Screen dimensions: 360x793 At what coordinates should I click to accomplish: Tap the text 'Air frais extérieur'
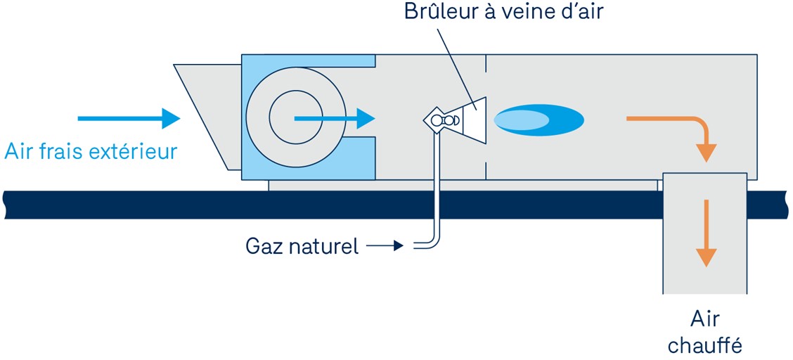(91, 150)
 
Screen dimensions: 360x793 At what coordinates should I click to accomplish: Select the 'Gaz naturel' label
(302, 246)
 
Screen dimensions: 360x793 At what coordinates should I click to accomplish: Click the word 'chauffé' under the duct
(704, 345)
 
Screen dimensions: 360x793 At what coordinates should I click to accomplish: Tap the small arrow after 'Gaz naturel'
(385, 246)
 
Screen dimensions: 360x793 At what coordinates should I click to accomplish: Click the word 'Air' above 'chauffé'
(705, 319)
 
